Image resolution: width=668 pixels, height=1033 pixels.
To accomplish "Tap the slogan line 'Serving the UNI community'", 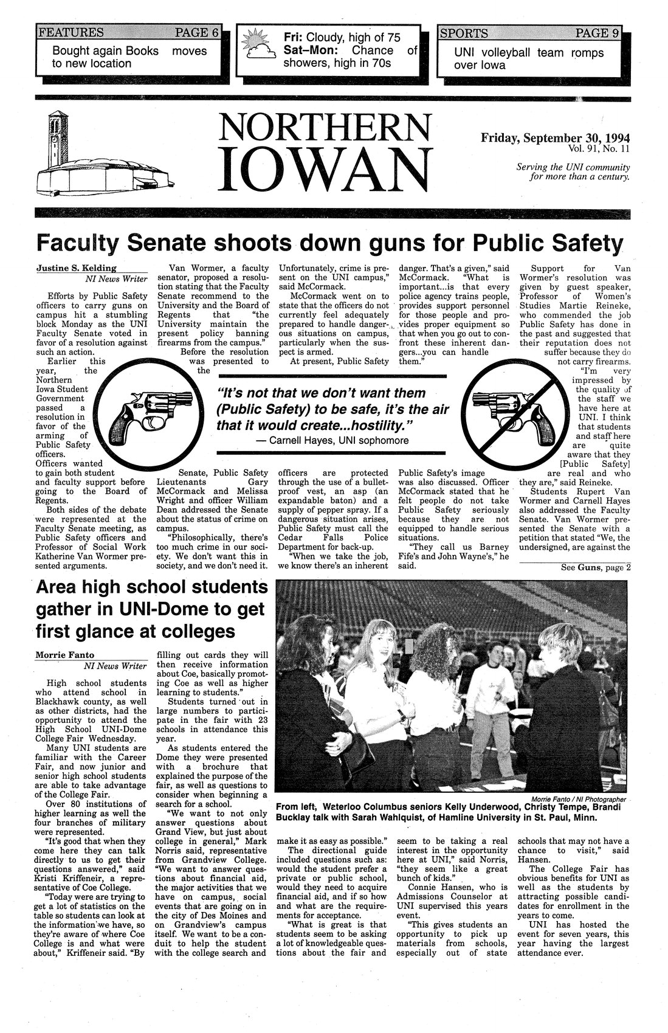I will pyautogui.click(x=572, y=167).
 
